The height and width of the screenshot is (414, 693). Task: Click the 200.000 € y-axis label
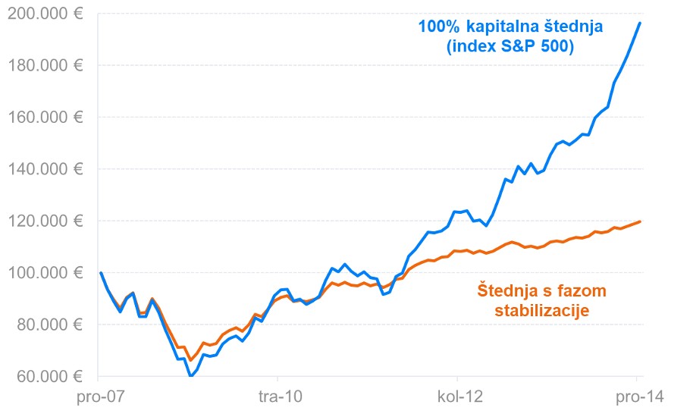(45, 14)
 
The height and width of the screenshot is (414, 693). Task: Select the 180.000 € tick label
(45, 66)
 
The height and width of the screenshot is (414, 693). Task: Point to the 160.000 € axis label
(45, 118)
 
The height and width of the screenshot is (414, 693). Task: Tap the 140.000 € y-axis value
(45, 169)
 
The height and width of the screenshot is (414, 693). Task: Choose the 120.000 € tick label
(45, 221)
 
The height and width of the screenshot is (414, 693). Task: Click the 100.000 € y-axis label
(45, 272)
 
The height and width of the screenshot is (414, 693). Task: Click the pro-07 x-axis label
(99, 397)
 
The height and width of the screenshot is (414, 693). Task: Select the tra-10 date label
(278, 397)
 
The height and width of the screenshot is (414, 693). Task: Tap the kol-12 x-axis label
(457, 397)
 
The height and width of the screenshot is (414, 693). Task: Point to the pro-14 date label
(635, 397)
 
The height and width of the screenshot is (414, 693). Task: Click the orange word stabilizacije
(542, 310)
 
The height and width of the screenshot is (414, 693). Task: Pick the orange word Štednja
(507, 290)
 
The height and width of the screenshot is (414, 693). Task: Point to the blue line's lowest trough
(191, 375)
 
